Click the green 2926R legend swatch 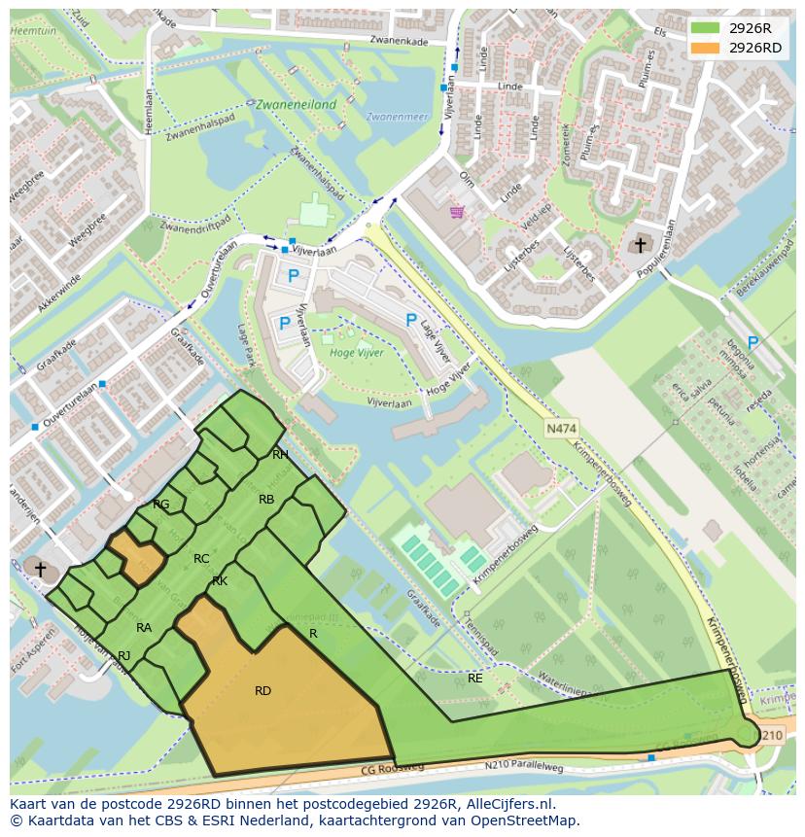point(707,28)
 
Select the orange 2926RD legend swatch point(707,48)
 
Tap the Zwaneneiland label point(296,104)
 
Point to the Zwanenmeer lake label point(397,117)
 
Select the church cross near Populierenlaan point(640,244)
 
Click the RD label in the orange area point(262,691)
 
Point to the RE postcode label point(474,678)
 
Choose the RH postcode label point(280,454)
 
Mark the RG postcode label point(160,504)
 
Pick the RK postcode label point(220,581)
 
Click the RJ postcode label point(123,656)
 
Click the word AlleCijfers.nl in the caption point(509,804)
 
